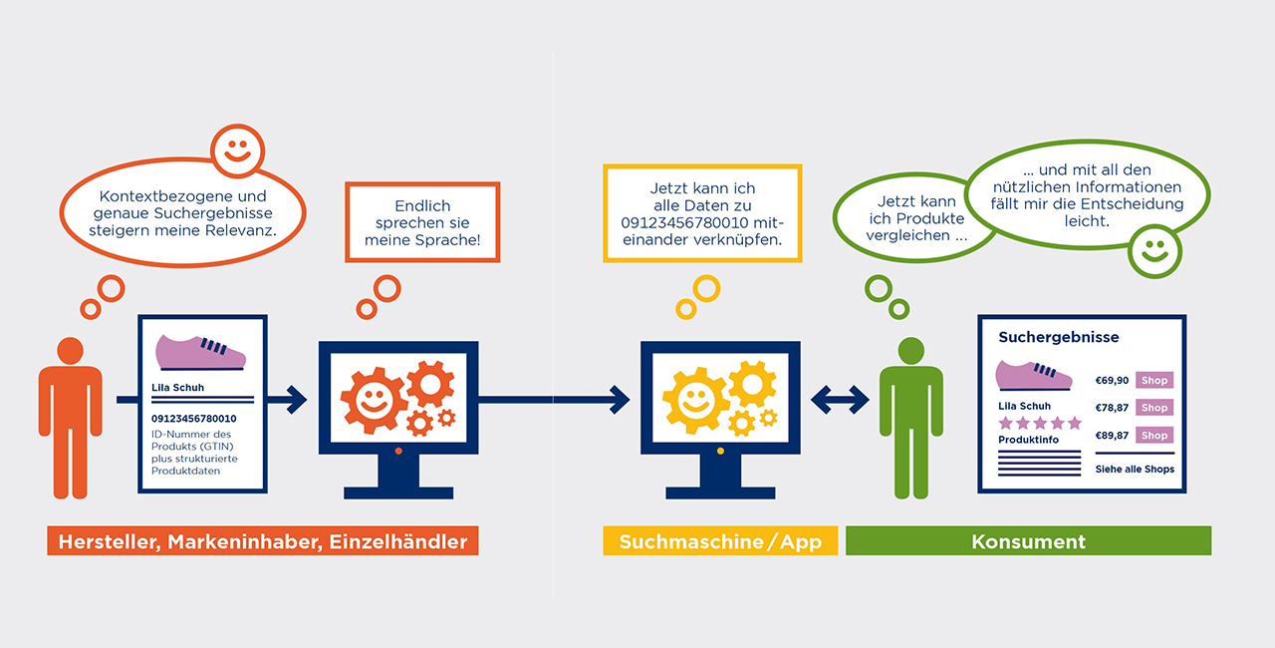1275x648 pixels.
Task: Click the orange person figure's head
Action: pyautogui.click(x=71, y=351)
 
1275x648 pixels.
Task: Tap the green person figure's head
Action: pyautogui.click(x=910, y=351)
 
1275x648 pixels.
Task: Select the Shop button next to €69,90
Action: pyautogui.click(x=1154, y=381)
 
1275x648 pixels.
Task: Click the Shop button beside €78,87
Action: pyautogui.click(x=1154, y=408)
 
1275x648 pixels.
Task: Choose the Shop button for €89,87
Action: pyautogui.click(x=1154, y=436)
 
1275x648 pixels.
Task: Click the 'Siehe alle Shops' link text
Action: pyautogui.click(x=1135, y=470)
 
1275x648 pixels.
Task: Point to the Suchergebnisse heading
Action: pyautogui.click(x=1059, y=338)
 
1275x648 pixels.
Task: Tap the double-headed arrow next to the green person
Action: pyautogui.click(x=840, y=400)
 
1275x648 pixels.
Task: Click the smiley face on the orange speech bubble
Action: pyautogui.click(x=237, y=152)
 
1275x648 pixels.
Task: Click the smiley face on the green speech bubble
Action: pyautogui.click(x=1154, y=251)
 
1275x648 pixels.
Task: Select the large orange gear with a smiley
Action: pyautogui.click(x=374, y=400)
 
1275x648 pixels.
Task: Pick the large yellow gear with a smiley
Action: pyautogui.click(x=695, y=400)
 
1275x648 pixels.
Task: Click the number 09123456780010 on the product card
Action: pyautogui.click(x=193, y=419)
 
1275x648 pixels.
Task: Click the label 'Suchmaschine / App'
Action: pyautogui.click(x=720, y=541)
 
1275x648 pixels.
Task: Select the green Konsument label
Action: pyautogui.click(x=1029, y=541)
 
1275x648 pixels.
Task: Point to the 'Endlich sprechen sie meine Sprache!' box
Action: pyautogui.click(x=422, y=222)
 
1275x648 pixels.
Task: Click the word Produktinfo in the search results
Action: pyautogui.click(x=1029, y=440)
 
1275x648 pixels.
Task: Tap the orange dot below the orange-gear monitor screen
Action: pyautogui.click(x=398, y=451)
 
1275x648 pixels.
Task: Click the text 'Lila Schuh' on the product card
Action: pyautogui.click(x=177, y=388)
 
